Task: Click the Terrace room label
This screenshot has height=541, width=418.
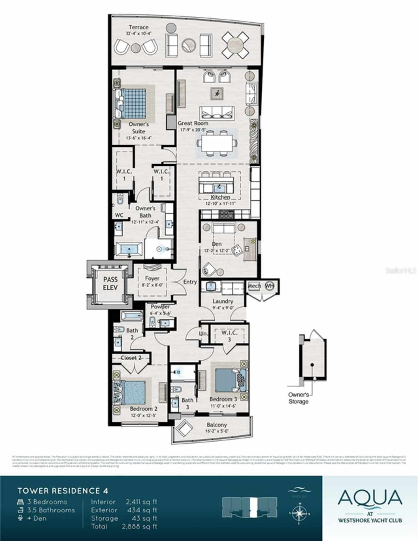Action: tap(138, 27)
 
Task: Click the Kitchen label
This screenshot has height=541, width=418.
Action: tap(220, 197)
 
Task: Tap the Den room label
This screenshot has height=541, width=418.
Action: tap(217, 244)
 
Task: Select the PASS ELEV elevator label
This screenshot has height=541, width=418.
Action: tap(110, 284)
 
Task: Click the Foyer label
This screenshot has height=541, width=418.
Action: tap(152, 278)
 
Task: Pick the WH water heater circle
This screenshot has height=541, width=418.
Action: tap(269, 286)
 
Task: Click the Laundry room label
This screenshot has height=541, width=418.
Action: tap(223, 301)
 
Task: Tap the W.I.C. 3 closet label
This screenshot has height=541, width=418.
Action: tap(229, 336)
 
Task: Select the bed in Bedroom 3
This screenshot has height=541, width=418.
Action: tap(230, 380)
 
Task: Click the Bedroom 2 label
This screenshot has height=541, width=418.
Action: tap(143, 409)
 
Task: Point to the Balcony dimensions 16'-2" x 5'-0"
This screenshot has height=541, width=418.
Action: tap(217, 431)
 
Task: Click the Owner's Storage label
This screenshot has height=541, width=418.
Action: tap(298, 398)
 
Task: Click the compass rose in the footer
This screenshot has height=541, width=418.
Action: tap(298, 513)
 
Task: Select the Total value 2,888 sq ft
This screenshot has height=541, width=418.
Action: tap(139, 526)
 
